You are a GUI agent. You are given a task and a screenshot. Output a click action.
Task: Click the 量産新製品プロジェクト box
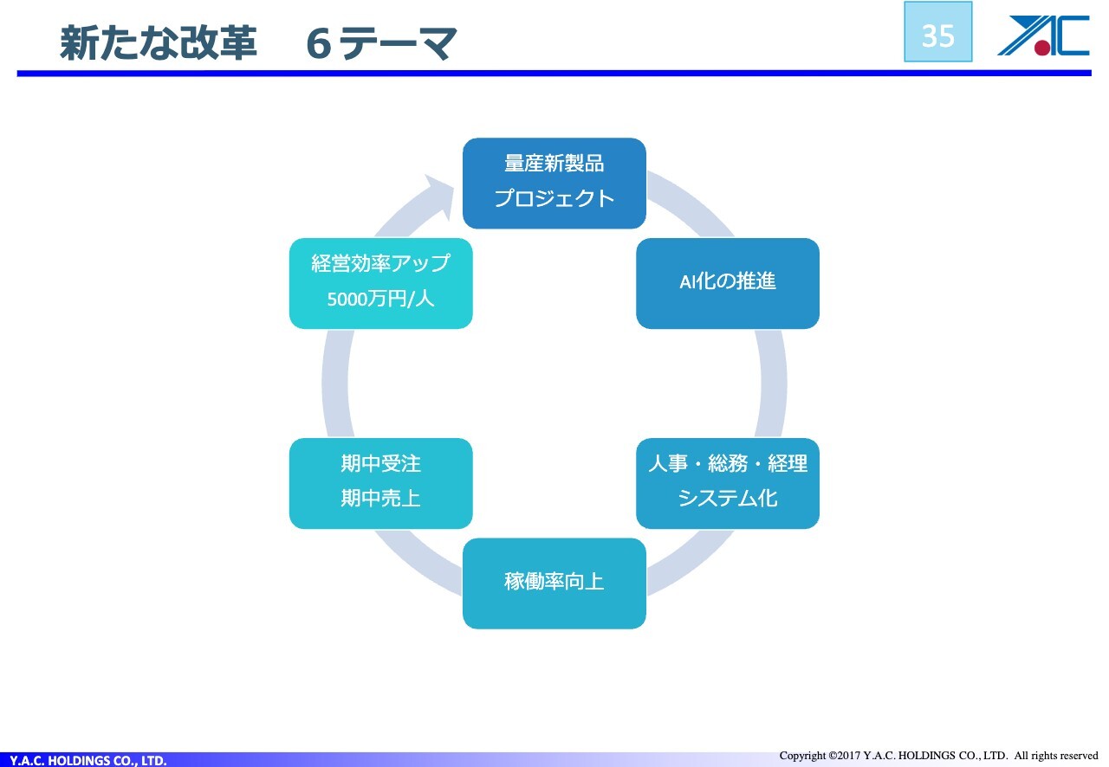point(554,183)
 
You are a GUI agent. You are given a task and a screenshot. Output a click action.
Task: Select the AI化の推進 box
point(727,284)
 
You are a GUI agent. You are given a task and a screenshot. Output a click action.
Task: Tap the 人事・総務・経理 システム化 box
point(727,483)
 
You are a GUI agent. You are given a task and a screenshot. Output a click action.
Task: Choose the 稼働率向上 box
point(554,583)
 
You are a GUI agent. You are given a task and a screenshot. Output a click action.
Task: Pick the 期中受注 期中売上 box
point(380,483)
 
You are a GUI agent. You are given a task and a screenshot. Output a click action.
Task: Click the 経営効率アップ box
point(380,284)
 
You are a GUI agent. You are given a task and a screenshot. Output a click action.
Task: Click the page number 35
point(937,36)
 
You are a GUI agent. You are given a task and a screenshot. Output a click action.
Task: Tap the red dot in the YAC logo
point(1041,47)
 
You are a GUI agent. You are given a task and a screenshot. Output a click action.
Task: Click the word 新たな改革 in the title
point(159,43)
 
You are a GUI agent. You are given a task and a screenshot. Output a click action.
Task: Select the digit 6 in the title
point(318,44)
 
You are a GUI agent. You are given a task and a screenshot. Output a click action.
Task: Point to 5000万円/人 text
point(380,299)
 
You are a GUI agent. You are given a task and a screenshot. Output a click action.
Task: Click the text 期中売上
point(380,498)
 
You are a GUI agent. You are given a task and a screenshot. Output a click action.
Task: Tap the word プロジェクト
point(554,198)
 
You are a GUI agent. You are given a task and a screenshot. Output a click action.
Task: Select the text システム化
point(727,498)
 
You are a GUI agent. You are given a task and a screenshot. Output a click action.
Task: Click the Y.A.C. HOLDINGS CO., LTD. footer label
point(88,760)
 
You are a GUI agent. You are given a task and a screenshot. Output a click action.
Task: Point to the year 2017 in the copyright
point(848,756)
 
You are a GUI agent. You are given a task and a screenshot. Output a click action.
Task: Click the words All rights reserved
point(1056,756)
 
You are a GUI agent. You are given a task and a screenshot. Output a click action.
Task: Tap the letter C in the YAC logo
point(1073,35)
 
